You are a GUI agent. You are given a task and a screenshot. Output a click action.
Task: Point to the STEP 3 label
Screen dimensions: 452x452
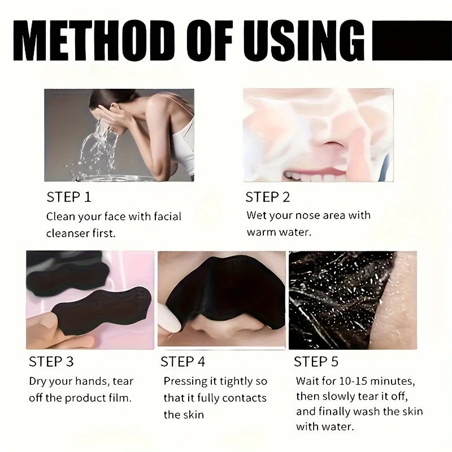tap(51, 361)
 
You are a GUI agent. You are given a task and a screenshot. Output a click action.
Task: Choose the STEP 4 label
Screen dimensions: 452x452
tap(183, 361)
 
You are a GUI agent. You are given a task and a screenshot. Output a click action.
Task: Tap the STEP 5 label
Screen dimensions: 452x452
tap(317, 361)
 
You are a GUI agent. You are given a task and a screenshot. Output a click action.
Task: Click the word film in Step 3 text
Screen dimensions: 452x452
tap(118, 397)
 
